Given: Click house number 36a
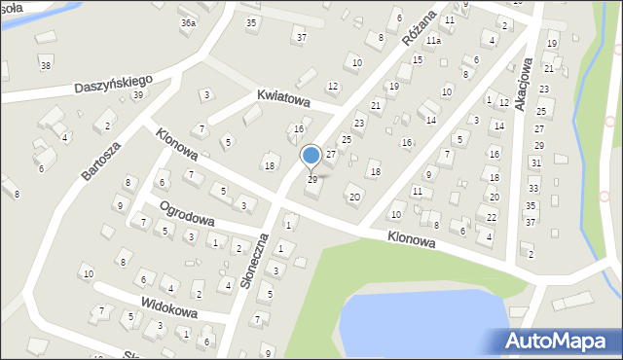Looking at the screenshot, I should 188,22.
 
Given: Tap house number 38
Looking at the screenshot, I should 45,65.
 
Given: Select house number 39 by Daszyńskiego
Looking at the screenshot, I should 137,94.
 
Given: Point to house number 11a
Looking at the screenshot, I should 432,41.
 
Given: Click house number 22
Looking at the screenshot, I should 493,216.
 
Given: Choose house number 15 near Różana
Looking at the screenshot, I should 417,60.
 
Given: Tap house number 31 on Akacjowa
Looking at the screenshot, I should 535,162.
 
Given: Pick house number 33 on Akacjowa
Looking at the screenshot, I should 532,187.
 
